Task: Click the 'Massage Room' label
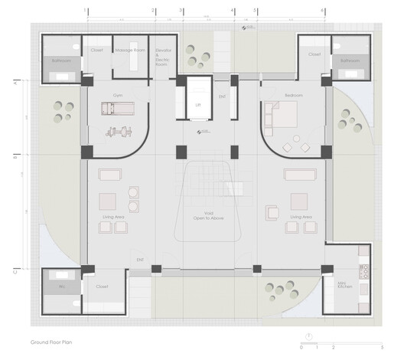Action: (x=129, y=51)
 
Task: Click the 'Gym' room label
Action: (x=117, y=95)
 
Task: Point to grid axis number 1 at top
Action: (x=86, y=10)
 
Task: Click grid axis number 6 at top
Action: (x=322, y=10)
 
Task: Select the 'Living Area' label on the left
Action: (x=113, y=217)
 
